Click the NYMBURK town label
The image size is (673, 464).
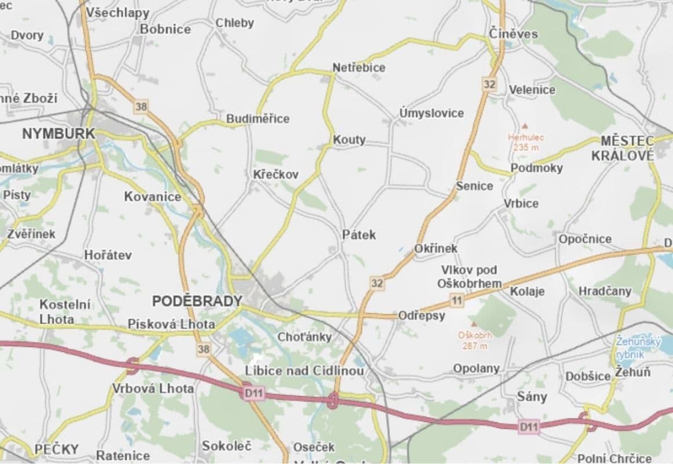coord(58,133)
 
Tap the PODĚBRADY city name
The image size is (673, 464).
coord(197,301)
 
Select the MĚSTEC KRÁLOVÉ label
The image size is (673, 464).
coord(623,148)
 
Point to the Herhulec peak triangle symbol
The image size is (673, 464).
coord(525,125)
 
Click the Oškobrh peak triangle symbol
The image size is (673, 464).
coord(474,324)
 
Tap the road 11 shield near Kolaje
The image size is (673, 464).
coord(458,300)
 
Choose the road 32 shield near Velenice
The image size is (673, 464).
coord(489,84)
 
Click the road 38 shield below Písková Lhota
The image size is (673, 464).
coord(203,349)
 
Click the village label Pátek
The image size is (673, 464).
coord(359,234)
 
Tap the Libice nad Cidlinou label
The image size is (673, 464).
coord(305,371)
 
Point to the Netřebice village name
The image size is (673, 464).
coord(359,67)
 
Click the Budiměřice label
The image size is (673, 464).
coord(258,118)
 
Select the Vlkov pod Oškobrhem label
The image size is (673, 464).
coord(469,277)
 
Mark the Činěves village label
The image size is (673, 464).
coord(513,34)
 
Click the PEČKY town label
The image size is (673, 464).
coord(56,449)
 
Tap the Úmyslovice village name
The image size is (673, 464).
coord(431,113)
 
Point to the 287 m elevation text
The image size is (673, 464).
coord(474,346)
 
